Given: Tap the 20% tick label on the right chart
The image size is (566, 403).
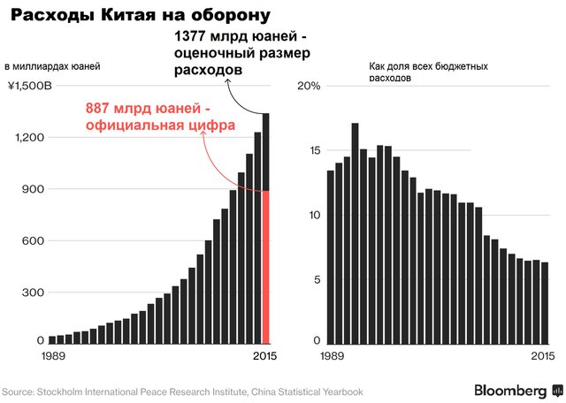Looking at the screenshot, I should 308,87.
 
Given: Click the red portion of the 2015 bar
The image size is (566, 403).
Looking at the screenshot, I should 266,265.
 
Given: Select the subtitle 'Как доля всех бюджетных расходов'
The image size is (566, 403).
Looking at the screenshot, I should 417,72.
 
